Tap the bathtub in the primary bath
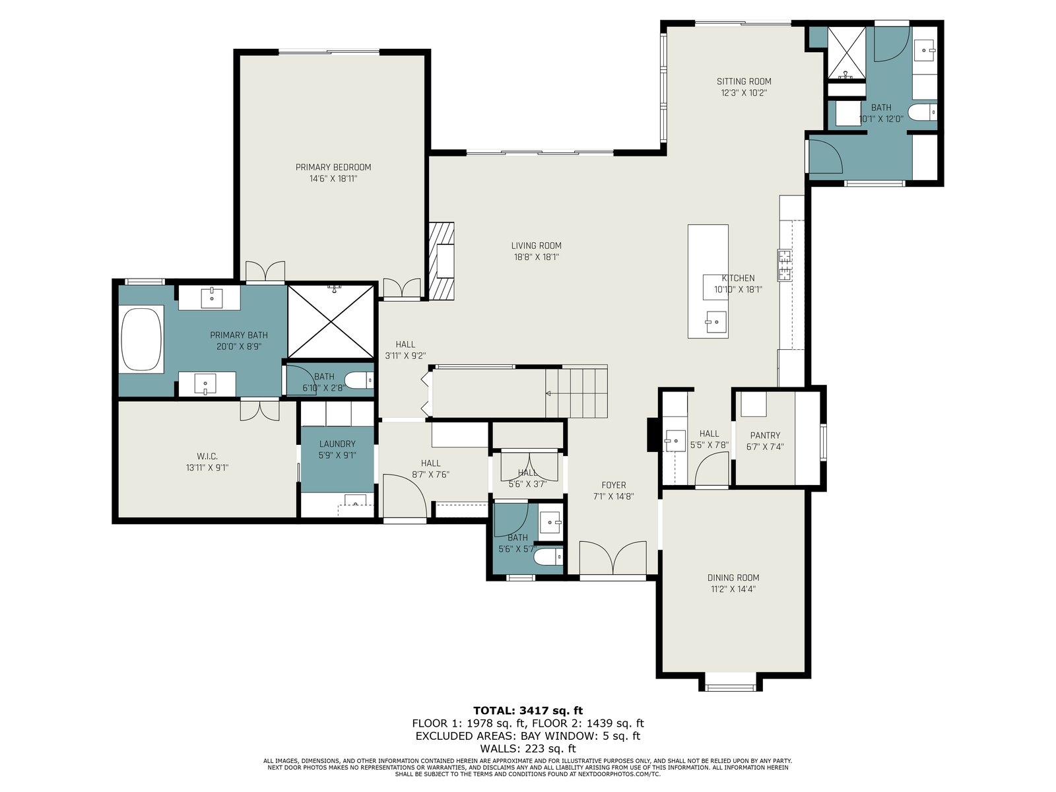[x=142, y=339]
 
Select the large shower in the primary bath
[x=331, y=321]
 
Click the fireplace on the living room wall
[x=442, y=261]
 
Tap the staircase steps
[x=576, y=391]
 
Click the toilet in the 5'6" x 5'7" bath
[x=548, y=557]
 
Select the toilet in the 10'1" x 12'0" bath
[x=923, y=112]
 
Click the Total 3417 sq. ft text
[x=528, y=711]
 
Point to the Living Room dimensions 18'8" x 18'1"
[x=537, y=257]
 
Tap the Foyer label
[x=613, y=485]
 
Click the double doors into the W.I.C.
[x=260, y=411]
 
